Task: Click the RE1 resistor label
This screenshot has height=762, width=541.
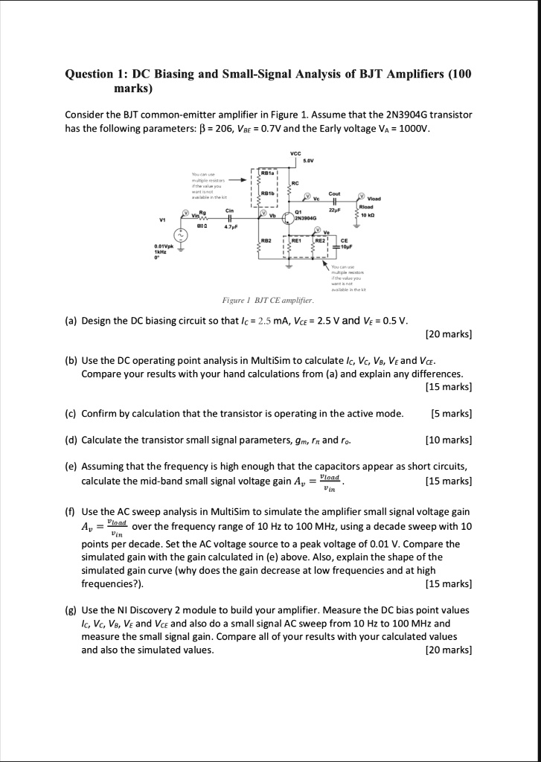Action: (x=296, y=241)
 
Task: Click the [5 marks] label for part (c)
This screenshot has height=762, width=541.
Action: (x=452, y=413)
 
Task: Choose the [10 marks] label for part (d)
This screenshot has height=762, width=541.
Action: (x=449, y=440)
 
